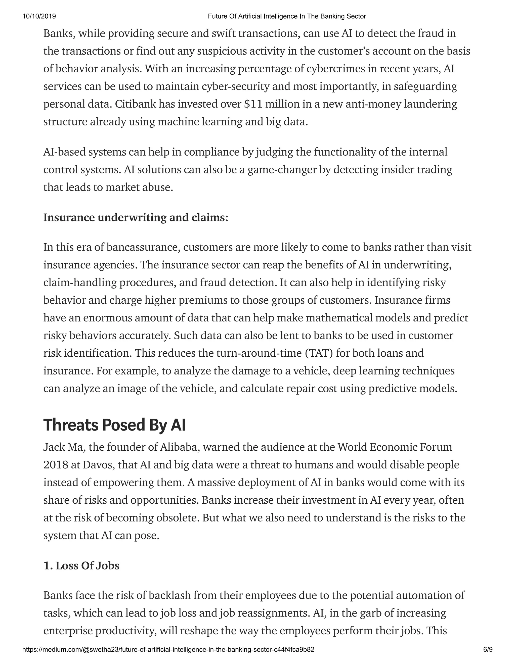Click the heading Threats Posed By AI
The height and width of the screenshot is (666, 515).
(114, 425)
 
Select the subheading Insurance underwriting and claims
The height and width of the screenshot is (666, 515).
(136, 217)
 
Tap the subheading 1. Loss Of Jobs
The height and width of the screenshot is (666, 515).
(81, 566)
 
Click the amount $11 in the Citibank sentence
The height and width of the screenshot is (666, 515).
(253, 104)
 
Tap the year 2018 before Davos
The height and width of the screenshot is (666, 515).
(56, 465)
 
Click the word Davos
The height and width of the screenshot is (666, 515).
(97, 465)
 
